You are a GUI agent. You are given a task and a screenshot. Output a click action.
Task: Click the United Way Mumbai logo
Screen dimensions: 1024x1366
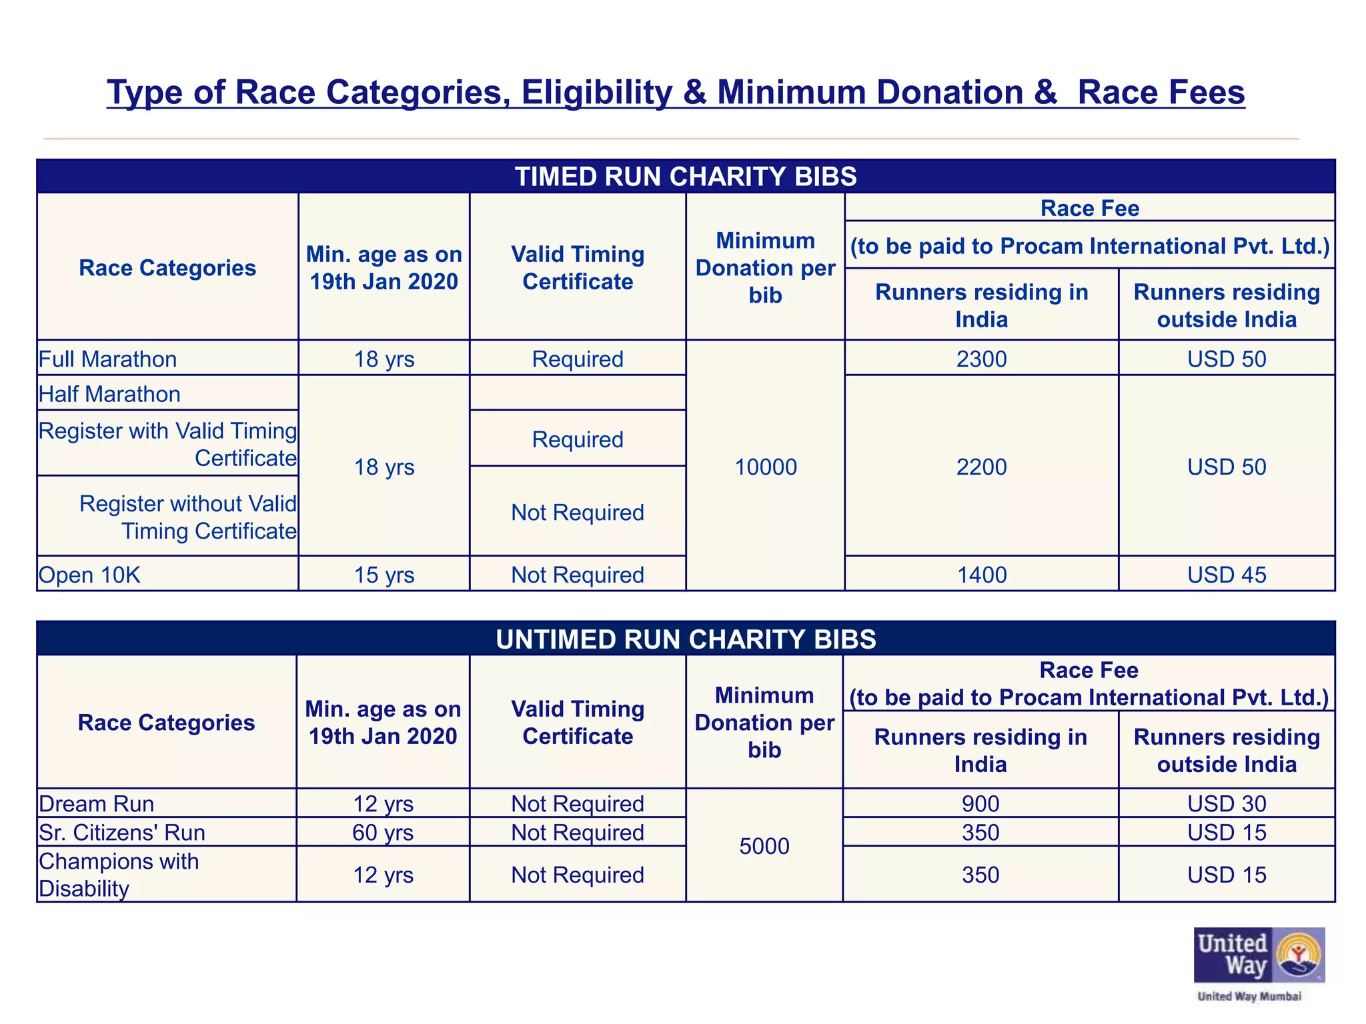click(1259, 963)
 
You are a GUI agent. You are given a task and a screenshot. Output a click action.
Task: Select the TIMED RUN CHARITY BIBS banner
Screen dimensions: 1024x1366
click(686, 177)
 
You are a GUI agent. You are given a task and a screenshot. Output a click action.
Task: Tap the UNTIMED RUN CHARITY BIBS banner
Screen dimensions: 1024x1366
click(686, 639)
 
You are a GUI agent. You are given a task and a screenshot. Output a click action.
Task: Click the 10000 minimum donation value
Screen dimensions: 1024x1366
click(765, 467)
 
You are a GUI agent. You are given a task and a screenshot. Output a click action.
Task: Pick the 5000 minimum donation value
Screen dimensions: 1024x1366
click(764, 846)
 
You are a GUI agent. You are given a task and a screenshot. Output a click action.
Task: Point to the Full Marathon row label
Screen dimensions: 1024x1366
click(108, 359)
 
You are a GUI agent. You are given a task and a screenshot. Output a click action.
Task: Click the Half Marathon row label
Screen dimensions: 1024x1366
click(110, 394)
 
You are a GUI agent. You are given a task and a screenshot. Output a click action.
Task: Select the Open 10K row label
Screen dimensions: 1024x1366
click(90, 575)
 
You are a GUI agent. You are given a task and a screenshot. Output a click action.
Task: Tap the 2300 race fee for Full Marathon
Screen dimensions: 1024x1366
click(981, 359)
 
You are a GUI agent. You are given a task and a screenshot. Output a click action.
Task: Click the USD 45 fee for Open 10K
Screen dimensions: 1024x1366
click(1227, 575)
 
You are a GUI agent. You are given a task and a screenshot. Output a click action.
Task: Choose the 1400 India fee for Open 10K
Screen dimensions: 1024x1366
click(981, 575)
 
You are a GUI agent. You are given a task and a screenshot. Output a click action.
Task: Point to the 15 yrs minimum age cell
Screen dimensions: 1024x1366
click(384, 575)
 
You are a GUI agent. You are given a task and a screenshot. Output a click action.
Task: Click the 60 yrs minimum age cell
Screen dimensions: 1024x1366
click(384, 833)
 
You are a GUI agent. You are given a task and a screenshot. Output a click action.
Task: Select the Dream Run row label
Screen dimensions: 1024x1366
click(97, 804)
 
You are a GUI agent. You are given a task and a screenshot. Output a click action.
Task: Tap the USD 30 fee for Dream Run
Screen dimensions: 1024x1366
click(1227, 804)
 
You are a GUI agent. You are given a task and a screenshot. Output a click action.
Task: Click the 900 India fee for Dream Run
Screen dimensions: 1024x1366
click(980, 804)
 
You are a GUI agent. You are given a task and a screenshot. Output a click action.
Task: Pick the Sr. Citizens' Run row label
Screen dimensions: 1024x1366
click(122, 833)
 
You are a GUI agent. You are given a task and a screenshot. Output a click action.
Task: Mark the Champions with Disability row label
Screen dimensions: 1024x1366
click(119, 875)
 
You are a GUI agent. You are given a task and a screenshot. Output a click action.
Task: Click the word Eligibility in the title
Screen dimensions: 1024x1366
click(597, 92)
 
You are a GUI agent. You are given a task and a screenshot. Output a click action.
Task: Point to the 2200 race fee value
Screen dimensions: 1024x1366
click(981, 467)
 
